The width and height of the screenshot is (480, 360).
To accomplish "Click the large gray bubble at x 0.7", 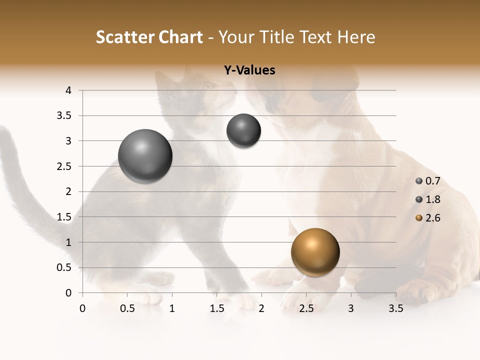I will click(x=145, y=156).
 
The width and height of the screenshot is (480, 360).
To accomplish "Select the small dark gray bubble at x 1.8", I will click(x=243, y=130).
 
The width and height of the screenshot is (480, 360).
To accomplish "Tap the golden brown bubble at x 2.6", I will click(x=315, y=252).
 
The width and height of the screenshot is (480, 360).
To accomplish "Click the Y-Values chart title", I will click(x=249, y=70).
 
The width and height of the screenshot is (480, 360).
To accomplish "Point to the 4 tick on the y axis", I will click(x=68, y=90).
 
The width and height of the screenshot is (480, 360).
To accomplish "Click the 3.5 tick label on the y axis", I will click(x=65, y=116).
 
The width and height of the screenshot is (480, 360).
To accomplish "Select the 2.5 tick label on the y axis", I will click(x=65, y=166).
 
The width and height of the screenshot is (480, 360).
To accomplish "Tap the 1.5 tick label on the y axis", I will click(x=65, y=217).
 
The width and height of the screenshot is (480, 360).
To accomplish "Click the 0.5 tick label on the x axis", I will click(x=127, y=308).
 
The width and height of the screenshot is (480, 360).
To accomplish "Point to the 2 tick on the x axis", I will click(x=261, y=308).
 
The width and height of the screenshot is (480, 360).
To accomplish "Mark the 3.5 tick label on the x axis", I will click(x=395, y=308).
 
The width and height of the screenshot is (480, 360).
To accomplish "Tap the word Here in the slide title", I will click(x=356, y=37).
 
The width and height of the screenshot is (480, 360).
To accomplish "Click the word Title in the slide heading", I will click(x=281, y=37).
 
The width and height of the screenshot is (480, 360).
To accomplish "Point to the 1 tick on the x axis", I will click(x=172, y=308).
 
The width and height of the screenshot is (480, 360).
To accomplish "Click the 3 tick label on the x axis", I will click(x=351, y=308).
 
